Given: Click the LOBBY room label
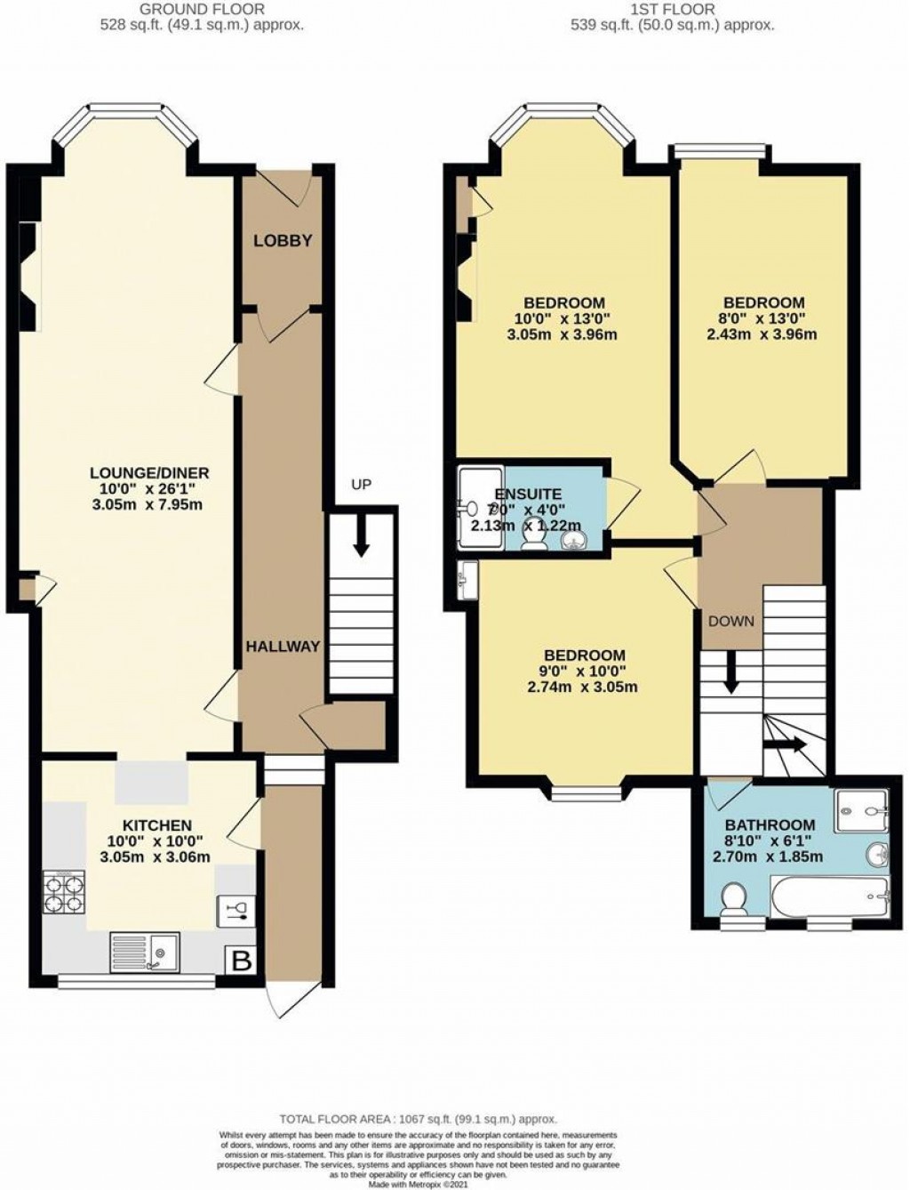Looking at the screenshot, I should click(x=283, y=241).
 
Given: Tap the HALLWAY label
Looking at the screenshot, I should click(x=283, y=647).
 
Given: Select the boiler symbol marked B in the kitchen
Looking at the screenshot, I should click(x=239, y=960).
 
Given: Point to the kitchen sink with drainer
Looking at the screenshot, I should click(x=144, y=953).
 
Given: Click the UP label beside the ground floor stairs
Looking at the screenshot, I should click(x=361, y=485).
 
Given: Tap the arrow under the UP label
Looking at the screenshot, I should click(x=361, y=539).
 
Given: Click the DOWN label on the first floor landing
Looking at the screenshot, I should click(x=730, y=621).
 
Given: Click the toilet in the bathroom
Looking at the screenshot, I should click(x=734, y=900).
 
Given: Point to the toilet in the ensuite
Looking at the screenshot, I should click(x=533, y=538).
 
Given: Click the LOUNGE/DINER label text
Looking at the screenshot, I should click(x=149, y=472).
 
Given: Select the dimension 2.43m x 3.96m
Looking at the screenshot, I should click(x=762, y=335).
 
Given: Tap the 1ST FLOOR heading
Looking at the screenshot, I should click(x=672, y=10).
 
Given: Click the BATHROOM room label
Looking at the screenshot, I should click(x=770, y=824).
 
